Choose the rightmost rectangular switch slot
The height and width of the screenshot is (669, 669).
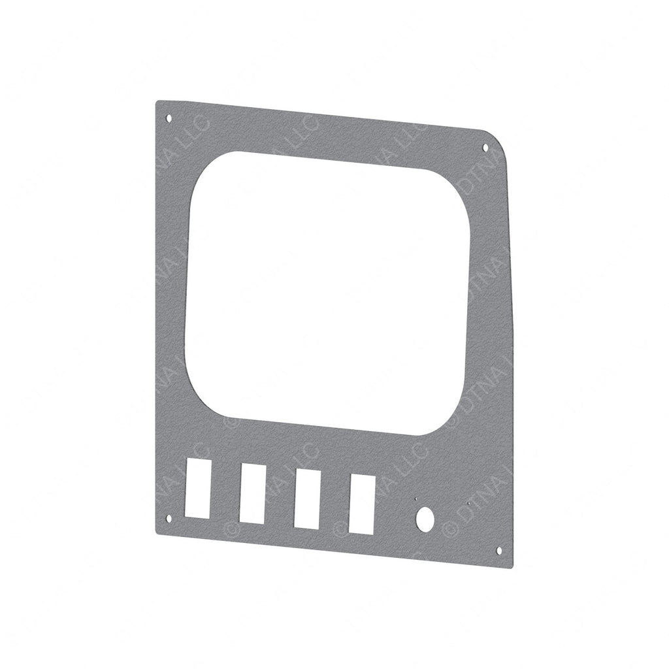(362, 504)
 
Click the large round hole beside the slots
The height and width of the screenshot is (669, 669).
(425, 519)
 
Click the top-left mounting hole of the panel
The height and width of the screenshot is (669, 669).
(169, 119)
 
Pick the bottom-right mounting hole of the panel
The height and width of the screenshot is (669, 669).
(499, 551)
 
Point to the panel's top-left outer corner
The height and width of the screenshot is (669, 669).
(157, 101)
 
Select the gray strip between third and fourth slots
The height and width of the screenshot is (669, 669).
(334, 500)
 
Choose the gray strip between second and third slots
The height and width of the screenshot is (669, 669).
(279, 495)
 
